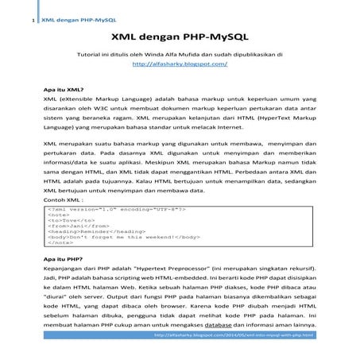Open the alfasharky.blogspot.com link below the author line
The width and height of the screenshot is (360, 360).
point(179,62)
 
